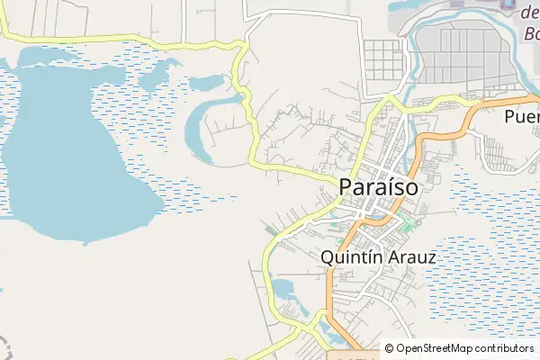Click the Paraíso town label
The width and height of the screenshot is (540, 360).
click(379, 186)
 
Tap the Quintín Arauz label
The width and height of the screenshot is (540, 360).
click(378, 257)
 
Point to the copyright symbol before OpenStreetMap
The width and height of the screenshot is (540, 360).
click(389, 348)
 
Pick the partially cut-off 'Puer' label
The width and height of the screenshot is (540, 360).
click(521, 116)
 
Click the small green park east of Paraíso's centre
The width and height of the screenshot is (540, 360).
click(409, 221)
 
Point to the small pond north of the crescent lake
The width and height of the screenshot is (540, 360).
click(206, 83)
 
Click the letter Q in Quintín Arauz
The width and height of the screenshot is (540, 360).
click(328, 257)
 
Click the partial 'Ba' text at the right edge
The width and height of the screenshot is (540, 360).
click(529, 35)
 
